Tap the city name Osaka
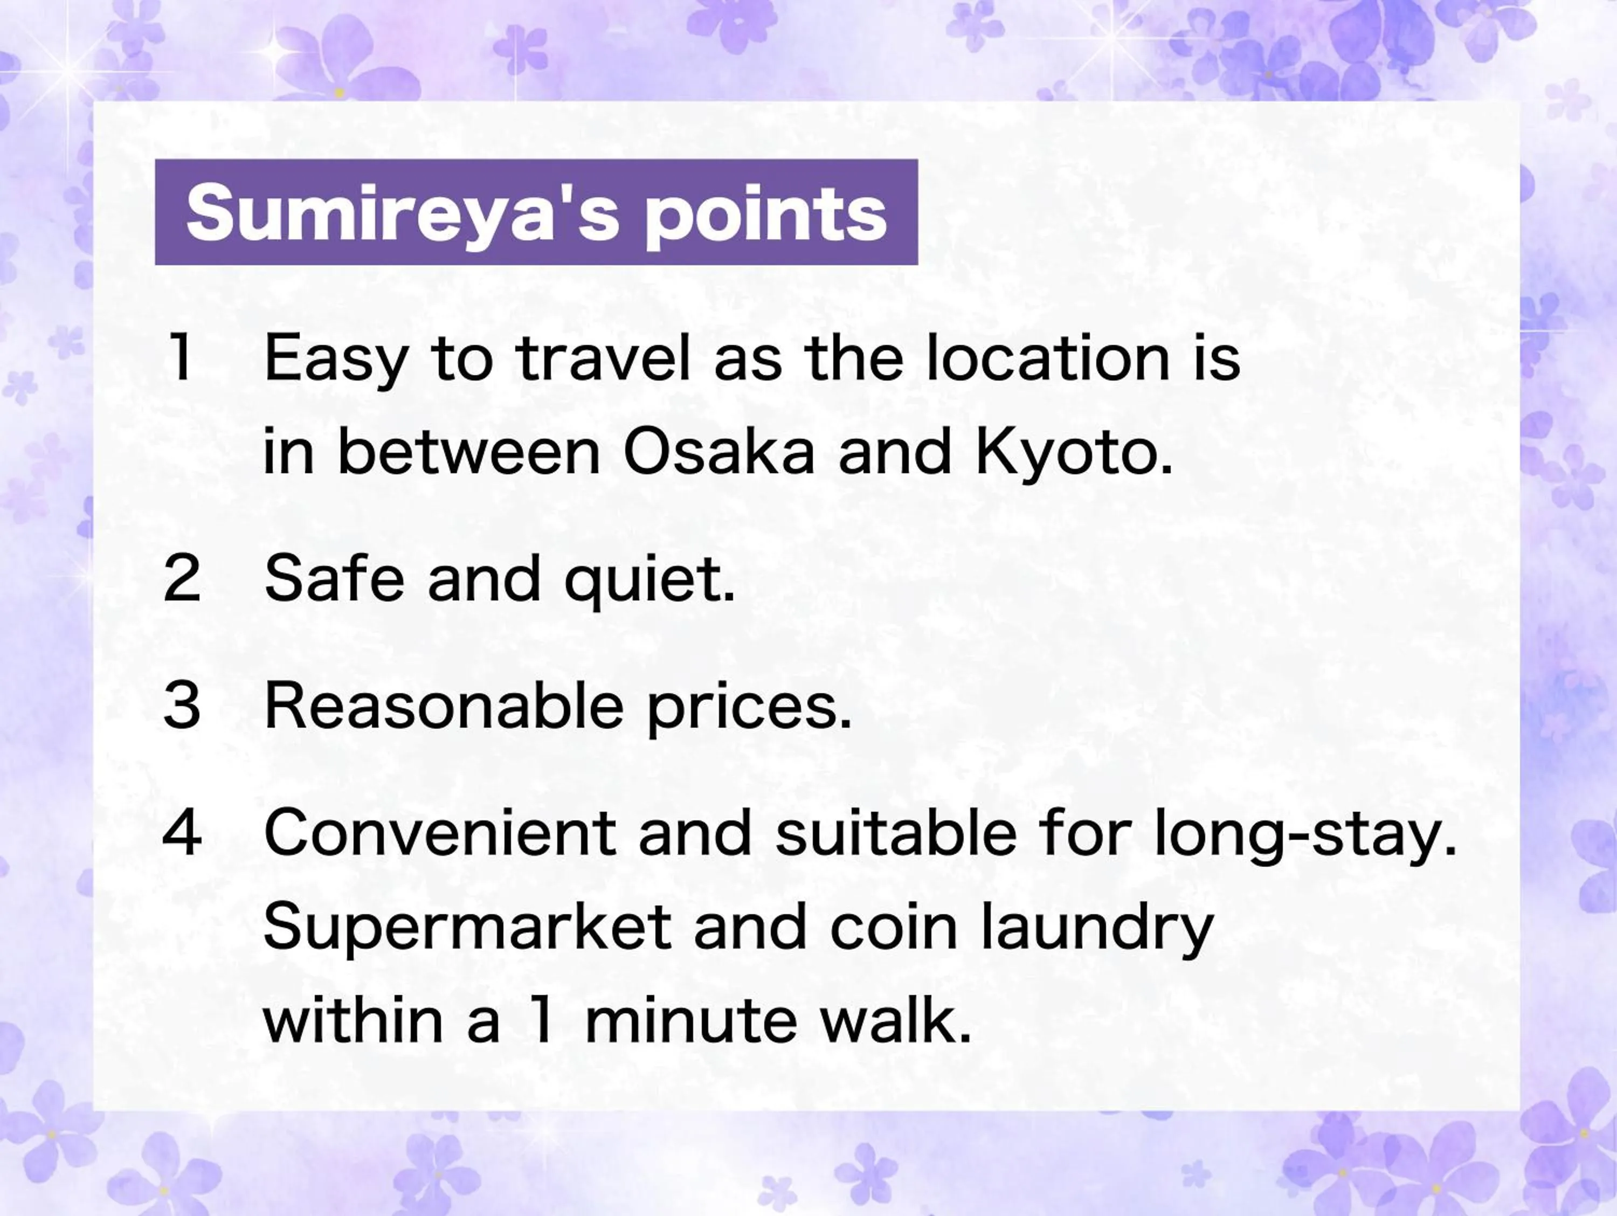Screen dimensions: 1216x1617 click(x=718, y=452)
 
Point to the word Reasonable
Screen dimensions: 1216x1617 click(x=444, y=706)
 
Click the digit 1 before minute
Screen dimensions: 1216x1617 click(x=542, y=1021)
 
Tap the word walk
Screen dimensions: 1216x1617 click(x=895, y=1021)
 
